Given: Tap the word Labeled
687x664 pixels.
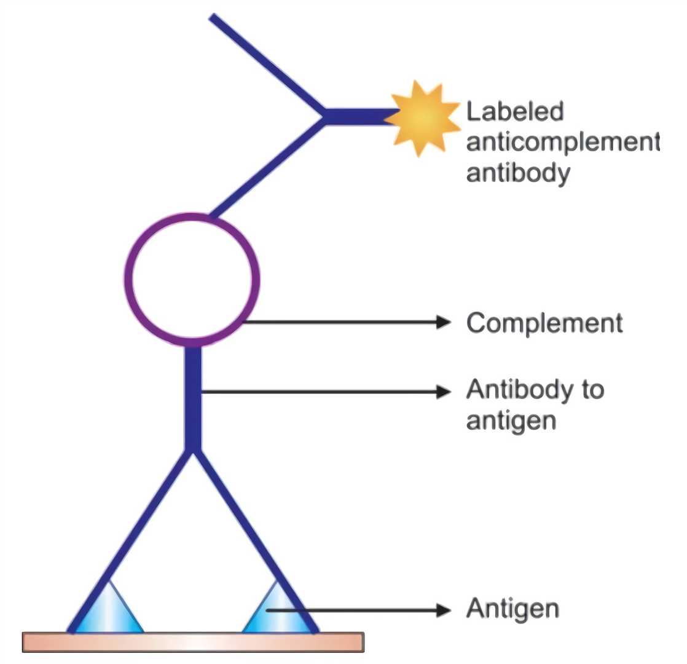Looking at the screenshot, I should tap(515, 113).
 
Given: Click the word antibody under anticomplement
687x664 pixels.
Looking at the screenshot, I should tap(517, 173).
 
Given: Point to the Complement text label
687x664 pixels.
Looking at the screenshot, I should tap(544, 323).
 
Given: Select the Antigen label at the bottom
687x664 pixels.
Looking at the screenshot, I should tap(512, 609).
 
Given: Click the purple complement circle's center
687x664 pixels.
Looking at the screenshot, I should tap(192, 279).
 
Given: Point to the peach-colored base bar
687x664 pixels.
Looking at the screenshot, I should tap(193, 642).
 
